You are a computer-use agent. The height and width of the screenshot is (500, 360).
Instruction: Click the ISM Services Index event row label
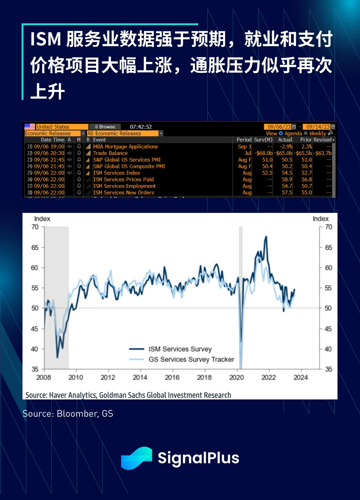point(117,173)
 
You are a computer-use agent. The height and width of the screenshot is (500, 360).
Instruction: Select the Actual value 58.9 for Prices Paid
point(287,179)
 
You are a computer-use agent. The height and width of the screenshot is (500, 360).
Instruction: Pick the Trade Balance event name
point(110,153)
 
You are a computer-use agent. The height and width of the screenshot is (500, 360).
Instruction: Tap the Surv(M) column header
point(263,140)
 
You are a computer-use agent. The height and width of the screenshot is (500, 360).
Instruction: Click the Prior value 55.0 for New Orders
point(306,193)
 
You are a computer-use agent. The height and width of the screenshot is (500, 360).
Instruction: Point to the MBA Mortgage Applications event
point(125,147)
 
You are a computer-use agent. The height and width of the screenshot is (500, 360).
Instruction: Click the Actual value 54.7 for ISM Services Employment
point(287,186)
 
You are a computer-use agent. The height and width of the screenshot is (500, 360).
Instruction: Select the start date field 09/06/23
point(279,127)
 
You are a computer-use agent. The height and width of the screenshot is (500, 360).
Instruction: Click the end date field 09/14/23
point(318,127)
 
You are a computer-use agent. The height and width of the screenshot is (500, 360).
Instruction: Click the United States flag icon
point(30,127)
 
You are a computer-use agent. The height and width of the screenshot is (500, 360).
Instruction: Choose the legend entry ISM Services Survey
point(180,349)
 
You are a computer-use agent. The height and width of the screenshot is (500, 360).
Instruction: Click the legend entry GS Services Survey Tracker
point(191,360)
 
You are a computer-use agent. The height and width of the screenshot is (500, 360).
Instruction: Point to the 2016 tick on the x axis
point(172,378)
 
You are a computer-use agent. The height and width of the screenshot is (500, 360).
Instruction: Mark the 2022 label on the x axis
point(268,378)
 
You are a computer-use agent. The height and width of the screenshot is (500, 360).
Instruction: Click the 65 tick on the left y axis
point(35,248)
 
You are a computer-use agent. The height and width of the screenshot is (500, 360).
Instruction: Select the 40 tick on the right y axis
point(328,349)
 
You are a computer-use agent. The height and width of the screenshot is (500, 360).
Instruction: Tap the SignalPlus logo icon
point(136,458)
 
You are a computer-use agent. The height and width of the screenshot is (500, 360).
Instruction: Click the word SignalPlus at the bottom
point(198,458)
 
